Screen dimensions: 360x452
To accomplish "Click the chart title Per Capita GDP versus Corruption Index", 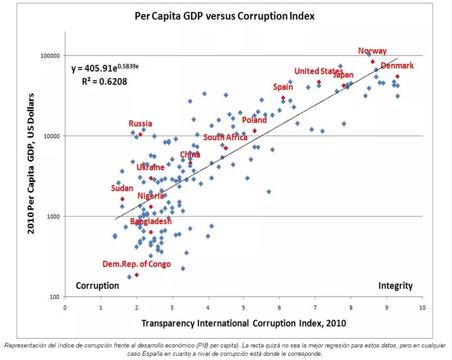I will pyautogui.click(x=224, y=16).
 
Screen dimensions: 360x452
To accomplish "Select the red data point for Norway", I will pyautogui.click(x=372, y=62).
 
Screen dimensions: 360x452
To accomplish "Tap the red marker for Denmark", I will pyautogui.click(x=397, y=76).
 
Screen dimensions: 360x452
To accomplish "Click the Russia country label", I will pyautogui.click(x=140, y=124).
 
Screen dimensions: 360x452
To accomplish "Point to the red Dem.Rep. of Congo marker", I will pyautogui.click(x=136, y=275).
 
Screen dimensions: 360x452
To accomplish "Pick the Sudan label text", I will pyautogui.click(x=122, y=188).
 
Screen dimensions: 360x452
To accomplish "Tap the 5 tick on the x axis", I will pyautogui.click(x=244, y=307).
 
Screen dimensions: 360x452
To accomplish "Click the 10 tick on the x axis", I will pyautogui.click(x=422, y=307).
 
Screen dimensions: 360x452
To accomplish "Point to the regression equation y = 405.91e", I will pyautogui.click(x=105, y=68).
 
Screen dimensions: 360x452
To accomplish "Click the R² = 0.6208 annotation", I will pyautogui.click(x=104, y=81).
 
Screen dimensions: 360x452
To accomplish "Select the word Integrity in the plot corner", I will pyautogui.click(x=395, y=286).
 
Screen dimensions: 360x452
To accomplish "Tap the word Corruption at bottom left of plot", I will pyautogui.click(x=97, y=286).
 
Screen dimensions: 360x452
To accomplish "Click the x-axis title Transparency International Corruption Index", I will pyautogui.click(x=243, y=322).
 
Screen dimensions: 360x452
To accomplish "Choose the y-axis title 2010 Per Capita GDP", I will pyautogui.click(x=31, y=163).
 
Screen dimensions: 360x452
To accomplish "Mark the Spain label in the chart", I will pyautogui.click(x=283, y=87).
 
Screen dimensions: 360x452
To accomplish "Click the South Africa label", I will pyautogui.click(x=225, y=137).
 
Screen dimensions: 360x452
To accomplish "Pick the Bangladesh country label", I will pyautogui.click(x=150, y=221).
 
